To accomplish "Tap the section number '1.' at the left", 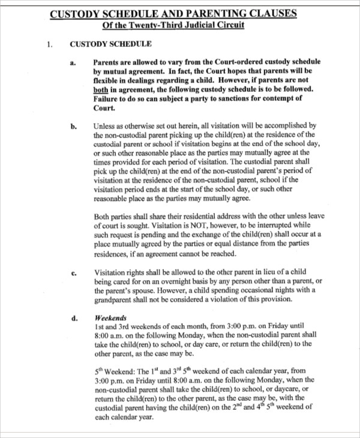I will coord(50,44).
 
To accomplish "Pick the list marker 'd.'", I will coord(73,319).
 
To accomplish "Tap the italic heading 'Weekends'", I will coord(110,317).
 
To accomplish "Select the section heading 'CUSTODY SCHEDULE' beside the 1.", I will coord(111,44).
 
